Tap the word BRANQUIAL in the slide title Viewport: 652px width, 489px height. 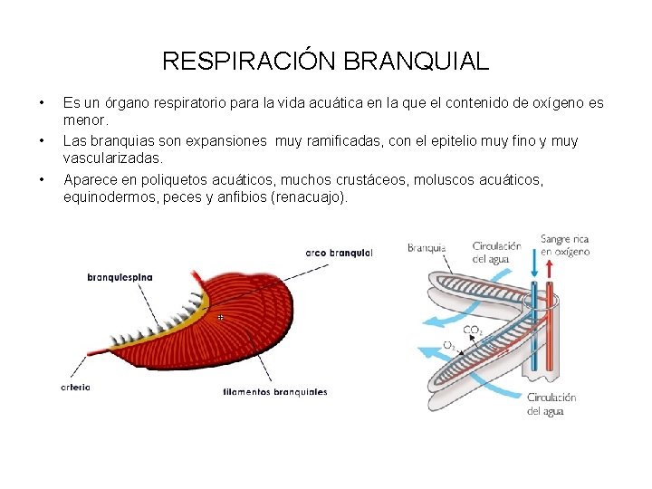[417, 62]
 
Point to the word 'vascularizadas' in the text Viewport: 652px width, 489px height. [111, 158]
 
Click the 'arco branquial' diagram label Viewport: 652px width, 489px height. [339, 253]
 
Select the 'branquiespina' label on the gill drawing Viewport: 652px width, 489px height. [120, 276]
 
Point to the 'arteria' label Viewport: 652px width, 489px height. [75, 388]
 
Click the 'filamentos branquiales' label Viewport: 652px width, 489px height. [274, 392]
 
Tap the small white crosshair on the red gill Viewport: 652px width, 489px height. [220, 318]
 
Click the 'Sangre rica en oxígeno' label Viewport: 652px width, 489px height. [565, 245]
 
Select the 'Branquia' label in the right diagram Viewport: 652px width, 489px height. [426, 247]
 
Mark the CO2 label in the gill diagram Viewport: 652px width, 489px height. [473, 330]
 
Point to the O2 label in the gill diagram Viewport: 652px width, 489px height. [449, 345]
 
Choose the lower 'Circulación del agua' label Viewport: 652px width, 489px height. [551, 404]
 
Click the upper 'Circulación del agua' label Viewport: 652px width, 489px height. [496, 251]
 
